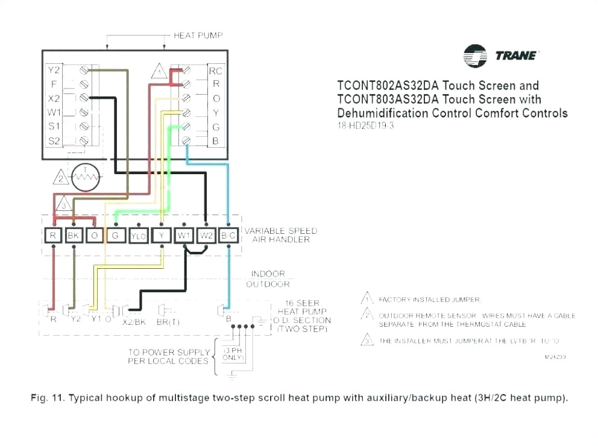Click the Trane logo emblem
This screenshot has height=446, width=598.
(475, 55)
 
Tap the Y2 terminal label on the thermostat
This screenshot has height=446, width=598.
(54, 70)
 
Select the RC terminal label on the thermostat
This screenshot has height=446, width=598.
(215, 71)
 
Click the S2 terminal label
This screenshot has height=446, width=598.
(54, 140)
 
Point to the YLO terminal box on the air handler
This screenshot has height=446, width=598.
(138, 236)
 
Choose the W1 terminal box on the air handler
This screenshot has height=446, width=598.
(184, 236)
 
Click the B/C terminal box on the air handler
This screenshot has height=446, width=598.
(228, 236)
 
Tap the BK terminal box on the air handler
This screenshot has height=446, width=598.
(74, 236)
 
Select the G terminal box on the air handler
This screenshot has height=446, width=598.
(115, 236)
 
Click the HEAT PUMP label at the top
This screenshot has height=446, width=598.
(198, 36)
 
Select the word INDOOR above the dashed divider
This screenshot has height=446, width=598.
(268, 274)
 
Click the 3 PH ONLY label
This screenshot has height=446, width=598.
(234, 354)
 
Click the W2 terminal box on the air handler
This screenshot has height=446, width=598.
(206, 236)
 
